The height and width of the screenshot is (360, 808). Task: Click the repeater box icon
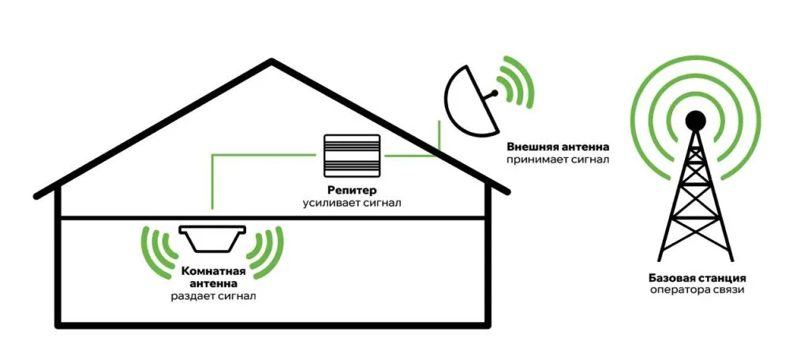coord(352,156)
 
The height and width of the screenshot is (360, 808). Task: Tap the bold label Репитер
coord(352,190)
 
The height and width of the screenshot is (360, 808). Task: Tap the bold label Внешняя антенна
coord(559,148)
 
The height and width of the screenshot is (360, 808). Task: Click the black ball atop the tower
coord(695,120)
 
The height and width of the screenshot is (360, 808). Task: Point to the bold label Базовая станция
coord(697,279)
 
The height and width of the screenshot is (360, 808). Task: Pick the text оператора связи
coord(697,291)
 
